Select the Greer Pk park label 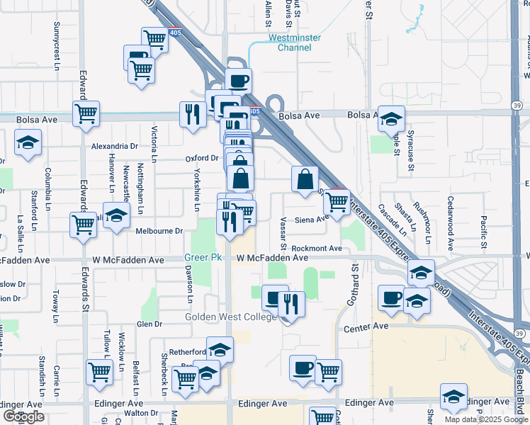coord(198,258)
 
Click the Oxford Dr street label coord(202,159)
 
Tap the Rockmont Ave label coord(317,249)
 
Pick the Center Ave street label coord(366,327)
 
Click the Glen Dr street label coord(150,324)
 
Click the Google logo coord(23,416)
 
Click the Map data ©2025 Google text coord(486,419)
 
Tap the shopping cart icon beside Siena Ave coord(337,201)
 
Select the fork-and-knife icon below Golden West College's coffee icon coord(291,303)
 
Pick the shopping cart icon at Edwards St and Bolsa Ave coord(86,113)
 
